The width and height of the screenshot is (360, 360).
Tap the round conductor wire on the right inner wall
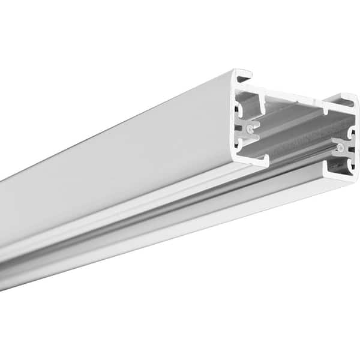(340, 146)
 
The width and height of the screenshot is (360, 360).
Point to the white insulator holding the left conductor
(253, 128)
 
